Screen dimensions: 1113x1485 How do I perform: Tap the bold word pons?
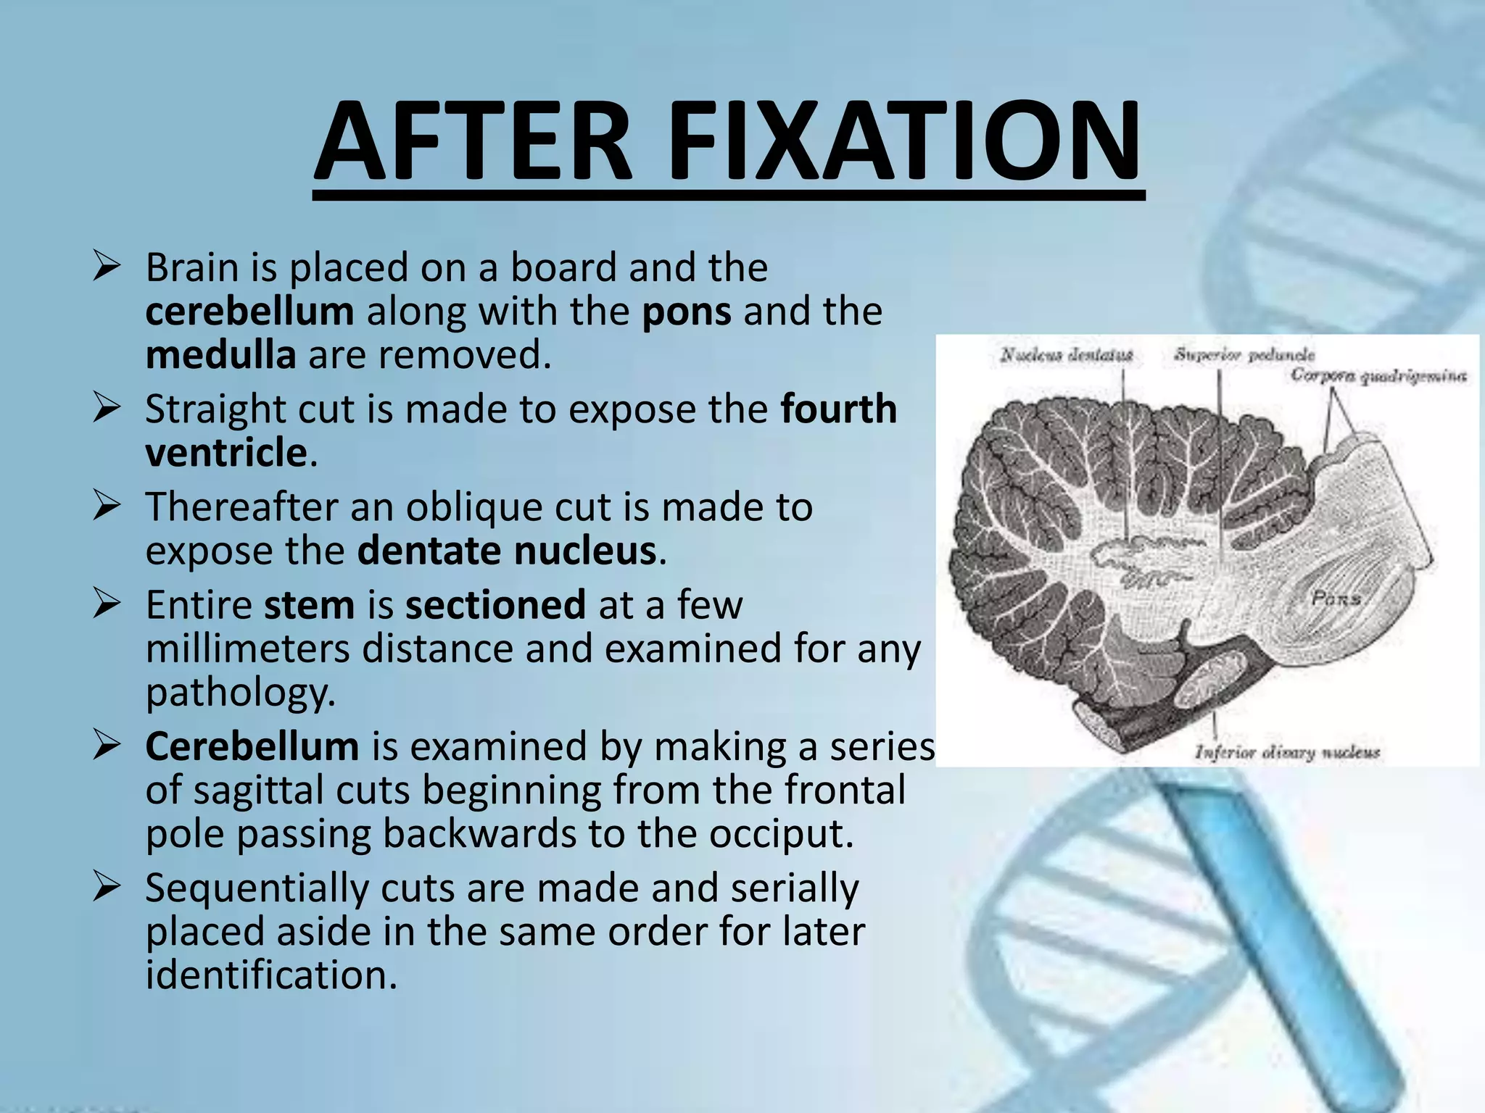(687, 312)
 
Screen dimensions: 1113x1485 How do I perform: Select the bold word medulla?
(220, 355)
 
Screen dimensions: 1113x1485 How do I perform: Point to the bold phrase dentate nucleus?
(507, 551)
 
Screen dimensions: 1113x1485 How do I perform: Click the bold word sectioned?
(495, 604)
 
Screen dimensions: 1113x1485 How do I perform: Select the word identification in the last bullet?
(271, 975)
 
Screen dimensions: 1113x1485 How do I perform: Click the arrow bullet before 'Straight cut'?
(107, 409)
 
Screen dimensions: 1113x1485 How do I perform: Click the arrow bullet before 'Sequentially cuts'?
(107, 888)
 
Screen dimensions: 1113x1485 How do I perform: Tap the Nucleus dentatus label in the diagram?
(1066, 355)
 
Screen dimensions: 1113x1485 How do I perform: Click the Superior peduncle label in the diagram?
(1244, 354)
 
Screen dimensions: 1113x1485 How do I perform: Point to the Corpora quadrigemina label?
(1378, 375)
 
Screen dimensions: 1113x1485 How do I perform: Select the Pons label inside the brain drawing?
(1336, 599)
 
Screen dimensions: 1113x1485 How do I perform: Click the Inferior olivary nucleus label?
(1287, 753)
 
